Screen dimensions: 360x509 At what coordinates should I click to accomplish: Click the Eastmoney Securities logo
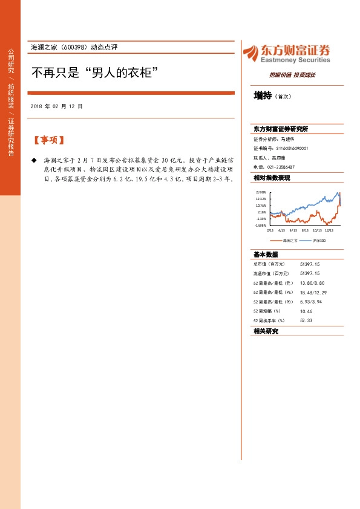point(286,53)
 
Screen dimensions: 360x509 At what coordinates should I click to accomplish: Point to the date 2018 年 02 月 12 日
point(56,106)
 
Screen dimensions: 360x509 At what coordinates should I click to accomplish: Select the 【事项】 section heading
point(48,140)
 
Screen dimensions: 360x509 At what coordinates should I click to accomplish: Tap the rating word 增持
point(263,96)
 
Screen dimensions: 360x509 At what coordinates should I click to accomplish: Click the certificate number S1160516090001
point(292,148)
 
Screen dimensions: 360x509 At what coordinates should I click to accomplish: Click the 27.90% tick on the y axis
point(261,192)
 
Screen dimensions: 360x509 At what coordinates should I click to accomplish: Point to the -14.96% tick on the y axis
point(261,225)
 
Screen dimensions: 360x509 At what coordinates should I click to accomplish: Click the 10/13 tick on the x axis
point(316,230)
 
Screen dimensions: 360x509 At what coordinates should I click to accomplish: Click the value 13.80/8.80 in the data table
point(312,283)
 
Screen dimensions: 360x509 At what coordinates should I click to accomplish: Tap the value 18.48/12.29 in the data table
point(313,292)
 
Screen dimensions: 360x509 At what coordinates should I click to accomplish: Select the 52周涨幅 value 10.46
point(306,311)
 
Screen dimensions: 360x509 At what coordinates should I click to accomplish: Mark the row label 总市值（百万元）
point(269,264)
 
